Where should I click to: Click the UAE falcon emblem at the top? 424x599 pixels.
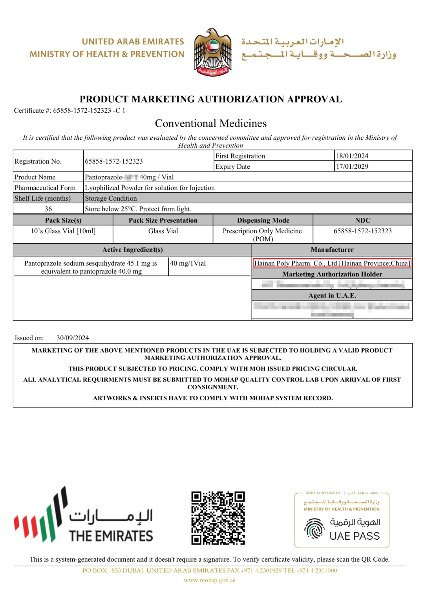point(213,52)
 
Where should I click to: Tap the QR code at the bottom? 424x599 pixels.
point(218,518)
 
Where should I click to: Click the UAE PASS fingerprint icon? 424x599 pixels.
point(314,528)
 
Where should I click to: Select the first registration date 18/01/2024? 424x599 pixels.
point(352,156)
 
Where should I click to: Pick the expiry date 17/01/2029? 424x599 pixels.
point(352,166)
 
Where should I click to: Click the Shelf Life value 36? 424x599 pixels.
point(48,209)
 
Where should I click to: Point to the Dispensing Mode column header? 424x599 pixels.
point(263,220)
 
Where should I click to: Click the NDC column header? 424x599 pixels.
point(363,220)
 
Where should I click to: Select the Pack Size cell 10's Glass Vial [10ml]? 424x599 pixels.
point(63,231)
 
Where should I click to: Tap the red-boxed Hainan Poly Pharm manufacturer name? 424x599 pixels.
point(332,263)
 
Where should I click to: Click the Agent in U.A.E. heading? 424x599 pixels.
point(332,296)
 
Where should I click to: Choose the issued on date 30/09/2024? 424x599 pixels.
point(73,338)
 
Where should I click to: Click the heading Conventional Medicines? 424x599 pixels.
point(211,123)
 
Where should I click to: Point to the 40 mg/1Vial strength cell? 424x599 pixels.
point(188,263)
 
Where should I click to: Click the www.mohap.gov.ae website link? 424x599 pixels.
point(210,580)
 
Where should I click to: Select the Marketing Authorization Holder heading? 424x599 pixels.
point(332,274)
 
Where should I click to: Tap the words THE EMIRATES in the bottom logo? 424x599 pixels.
point(111,536)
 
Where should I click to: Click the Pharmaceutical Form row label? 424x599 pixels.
point(45,188)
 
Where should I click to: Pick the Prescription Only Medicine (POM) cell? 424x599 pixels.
point(263,235)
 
